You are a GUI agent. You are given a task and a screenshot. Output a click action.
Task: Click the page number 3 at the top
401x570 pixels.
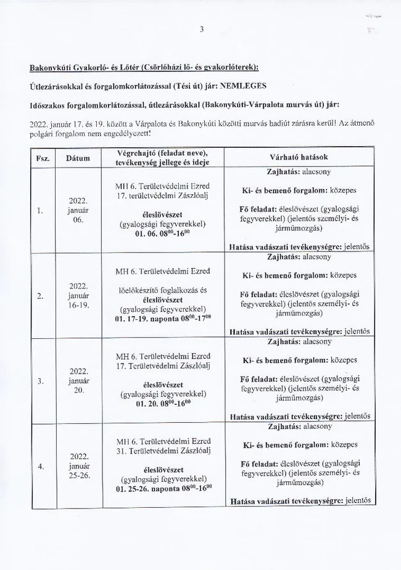tap(200, 28)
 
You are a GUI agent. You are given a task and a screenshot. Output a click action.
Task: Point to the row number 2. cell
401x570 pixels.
tap(39, 296)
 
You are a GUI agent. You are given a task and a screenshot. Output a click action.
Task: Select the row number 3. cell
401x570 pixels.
tap(39, 381)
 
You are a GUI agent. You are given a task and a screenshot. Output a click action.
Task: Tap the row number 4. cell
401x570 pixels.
tap(39, 466)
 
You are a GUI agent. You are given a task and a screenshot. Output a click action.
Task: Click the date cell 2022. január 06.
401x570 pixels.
tap(78, 210)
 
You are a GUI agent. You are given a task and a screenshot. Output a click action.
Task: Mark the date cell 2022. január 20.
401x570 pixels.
tap(78, 381)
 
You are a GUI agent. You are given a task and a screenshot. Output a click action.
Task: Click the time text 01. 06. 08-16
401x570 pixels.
tap(163, 234)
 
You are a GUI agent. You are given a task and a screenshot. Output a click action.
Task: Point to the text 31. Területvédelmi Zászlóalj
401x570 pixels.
tap(163, 452)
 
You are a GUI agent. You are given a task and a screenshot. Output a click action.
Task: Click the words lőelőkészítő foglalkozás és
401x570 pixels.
tap(163, 290)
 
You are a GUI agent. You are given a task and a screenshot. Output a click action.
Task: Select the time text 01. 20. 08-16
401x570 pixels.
tap(163, 404)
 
